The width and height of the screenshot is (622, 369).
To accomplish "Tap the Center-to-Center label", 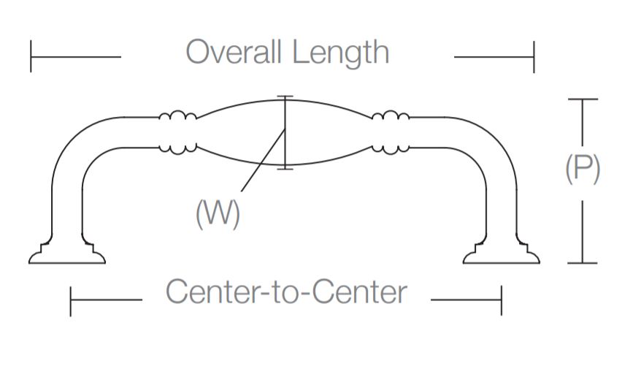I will pos(286,292).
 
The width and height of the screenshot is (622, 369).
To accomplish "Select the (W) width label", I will pos(218,213).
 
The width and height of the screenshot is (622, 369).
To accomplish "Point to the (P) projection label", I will pos(583,170).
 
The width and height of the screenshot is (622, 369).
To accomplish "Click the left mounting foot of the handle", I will pos(67,254).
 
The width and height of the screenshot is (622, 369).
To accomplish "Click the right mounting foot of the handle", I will pos(502,254).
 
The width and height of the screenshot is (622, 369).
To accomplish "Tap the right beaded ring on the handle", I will pos(390,132).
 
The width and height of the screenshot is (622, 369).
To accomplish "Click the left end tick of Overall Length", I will pos(31,57).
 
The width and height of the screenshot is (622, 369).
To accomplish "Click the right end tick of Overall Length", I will pos(534,57).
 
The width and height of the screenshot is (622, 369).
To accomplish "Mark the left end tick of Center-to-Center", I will pos(71,301).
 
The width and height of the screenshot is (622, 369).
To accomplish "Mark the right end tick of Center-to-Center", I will pos(502,301).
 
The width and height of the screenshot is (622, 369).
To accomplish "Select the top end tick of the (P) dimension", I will pos(582,99).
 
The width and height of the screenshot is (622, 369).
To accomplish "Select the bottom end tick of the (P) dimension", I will pos(582,262).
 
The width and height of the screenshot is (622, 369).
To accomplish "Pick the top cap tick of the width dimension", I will pos(285,96).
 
